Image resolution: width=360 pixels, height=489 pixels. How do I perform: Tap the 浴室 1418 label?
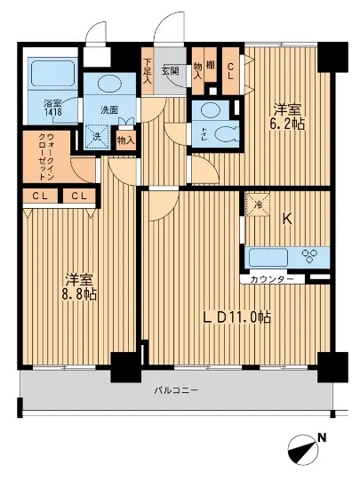coord(53,108)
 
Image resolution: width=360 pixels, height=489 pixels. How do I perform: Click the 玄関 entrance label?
coord(171,70)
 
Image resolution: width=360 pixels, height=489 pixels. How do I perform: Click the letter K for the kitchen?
coord(287,217)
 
